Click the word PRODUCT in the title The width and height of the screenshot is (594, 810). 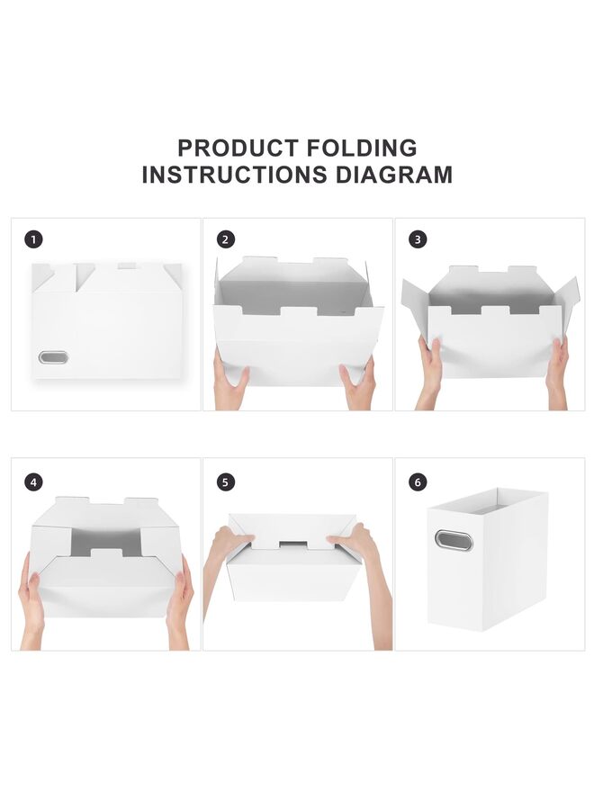(237, 148)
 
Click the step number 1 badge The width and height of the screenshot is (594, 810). (34, 239)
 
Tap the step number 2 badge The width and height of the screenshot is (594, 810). (226, 239)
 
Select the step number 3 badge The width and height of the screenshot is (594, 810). (418, 239)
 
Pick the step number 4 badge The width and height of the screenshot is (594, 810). (34, 482)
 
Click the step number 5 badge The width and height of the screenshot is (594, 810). (226, 482)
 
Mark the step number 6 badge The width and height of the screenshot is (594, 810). (418, 482)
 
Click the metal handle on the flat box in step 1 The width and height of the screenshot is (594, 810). (53, 358)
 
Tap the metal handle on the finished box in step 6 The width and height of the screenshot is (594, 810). (453, 540)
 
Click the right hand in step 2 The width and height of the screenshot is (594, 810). (358, 385)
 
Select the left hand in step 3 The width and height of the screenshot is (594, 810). (430, 369)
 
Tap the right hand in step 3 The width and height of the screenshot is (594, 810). (558, 369)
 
